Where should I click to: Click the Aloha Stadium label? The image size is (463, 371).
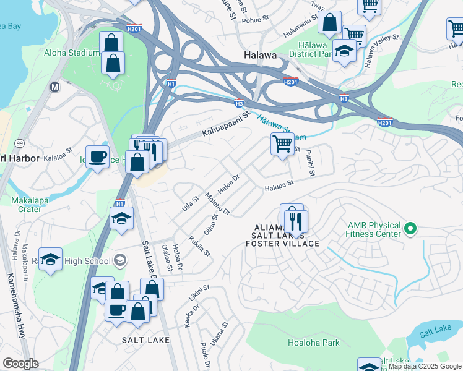72,53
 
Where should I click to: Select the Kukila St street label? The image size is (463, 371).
200,245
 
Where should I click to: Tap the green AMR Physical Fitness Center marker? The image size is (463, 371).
409,230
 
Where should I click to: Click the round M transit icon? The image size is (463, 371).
55,87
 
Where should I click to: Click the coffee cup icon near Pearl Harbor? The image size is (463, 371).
97,156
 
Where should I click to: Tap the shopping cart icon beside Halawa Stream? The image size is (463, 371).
282,143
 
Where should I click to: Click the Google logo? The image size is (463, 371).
20,364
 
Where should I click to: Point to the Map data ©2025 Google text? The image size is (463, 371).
425,367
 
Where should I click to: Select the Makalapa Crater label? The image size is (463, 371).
26,205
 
